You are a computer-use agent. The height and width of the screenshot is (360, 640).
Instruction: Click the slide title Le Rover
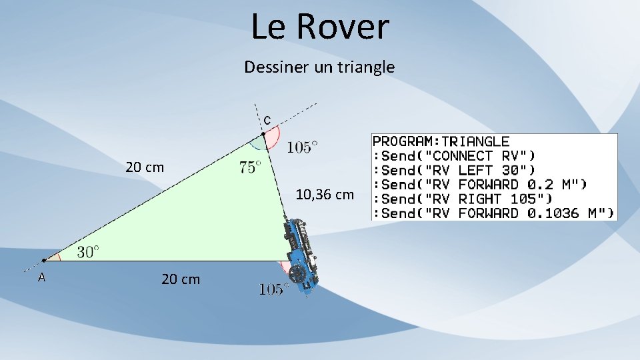pos(320,27)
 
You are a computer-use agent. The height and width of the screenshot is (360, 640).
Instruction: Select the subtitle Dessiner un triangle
pos(319,67)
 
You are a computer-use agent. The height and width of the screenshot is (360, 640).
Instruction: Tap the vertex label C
pos(267,121)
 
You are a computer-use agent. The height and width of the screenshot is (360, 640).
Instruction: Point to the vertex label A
pos(41,277)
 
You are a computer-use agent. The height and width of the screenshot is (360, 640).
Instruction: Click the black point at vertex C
pos(263,134)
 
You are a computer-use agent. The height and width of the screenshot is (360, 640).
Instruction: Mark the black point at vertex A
pos(43,260)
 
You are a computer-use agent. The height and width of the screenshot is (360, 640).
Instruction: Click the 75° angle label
pos(250,167)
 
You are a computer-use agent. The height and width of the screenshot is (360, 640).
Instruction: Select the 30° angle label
pos(88,251)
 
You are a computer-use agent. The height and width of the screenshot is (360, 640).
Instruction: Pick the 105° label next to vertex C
pos(302,147)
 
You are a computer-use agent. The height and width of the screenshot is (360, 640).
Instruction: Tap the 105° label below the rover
pos(273,289)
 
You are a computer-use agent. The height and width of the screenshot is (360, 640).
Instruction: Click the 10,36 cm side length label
pos(325,195)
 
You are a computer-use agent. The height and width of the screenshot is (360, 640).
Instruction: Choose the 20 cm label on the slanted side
pos(145,167)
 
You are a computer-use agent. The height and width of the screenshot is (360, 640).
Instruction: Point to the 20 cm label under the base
pos(180,279)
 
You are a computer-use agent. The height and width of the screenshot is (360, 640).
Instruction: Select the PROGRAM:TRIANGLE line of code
pos(441,141)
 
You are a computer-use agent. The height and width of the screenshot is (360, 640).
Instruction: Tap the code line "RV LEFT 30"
pos(453,170)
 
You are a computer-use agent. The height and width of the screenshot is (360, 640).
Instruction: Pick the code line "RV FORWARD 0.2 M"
pos(479,185)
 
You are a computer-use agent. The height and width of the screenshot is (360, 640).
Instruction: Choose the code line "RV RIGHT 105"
pos(461,199)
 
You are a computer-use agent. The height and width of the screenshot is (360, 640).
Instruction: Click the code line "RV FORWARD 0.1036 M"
pos(493,213)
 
